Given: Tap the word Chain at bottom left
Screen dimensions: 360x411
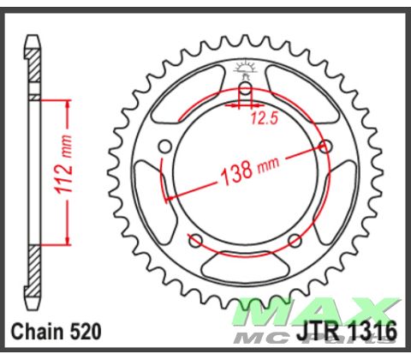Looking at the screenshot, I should tap(36, 331).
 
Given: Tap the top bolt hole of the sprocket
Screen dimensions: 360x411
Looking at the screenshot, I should tap(245, 89).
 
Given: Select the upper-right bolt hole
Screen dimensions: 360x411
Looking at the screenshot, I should tap(326, 146).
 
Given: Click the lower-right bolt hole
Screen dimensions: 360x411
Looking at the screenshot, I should tap(295, 238).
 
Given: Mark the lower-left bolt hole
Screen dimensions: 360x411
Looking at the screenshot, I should tap(195, 238).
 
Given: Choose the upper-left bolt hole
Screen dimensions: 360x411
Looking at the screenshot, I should tap(165, 146).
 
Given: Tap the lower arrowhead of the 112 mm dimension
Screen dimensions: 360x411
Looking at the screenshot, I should tap(63, 242).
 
